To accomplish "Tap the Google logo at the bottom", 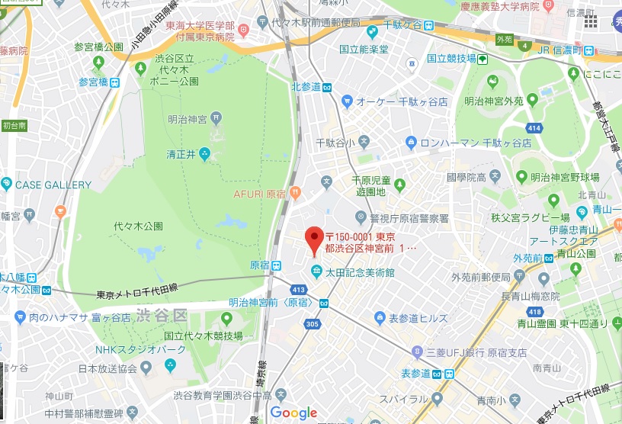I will pos(293,413).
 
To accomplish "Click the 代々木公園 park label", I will pos(138,226).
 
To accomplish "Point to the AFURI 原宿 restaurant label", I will pos(259,194).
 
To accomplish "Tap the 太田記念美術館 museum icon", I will pos(316,271).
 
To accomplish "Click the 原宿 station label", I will pos(259,265).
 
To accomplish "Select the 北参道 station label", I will pos(306,87).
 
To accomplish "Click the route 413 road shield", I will pos(298,289).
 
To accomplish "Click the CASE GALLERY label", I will pos(53,185).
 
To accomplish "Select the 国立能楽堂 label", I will pos(364,50).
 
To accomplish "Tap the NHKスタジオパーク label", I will pos(140,350).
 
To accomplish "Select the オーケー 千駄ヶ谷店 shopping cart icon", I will pos(347,101).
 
